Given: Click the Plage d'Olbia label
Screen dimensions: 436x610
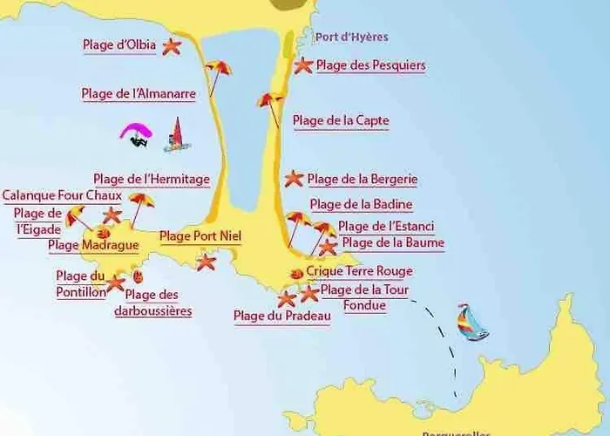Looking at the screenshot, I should pos(119,45).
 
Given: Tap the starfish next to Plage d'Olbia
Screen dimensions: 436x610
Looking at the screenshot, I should pos(172,47).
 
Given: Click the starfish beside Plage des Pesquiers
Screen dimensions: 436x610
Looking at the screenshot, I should pos(303,65).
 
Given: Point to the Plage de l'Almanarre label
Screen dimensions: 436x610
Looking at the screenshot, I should pos(138,93).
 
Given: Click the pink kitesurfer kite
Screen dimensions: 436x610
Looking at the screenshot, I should pos(135,132).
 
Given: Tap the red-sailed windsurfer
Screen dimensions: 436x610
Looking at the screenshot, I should pos(177,134).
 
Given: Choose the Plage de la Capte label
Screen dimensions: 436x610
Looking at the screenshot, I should pos(341,120).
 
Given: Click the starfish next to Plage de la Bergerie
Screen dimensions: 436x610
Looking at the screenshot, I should pos(294,179).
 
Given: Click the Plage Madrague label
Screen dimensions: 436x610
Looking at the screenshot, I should pos(93,245).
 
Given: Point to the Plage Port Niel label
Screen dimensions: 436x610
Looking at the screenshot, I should pos(200,235).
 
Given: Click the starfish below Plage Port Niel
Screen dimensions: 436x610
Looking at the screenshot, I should pos(206,261).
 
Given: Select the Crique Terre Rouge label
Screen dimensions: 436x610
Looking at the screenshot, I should pos(359,271).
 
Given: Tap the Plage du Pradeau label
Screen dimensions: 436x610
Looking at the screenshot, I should pos(282,317).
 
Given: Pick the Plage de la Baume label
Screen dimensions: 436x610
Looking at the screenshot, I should pos(392,242).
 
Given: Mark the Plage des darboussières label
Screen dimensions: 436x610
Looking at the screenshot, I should pos(152,303).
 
